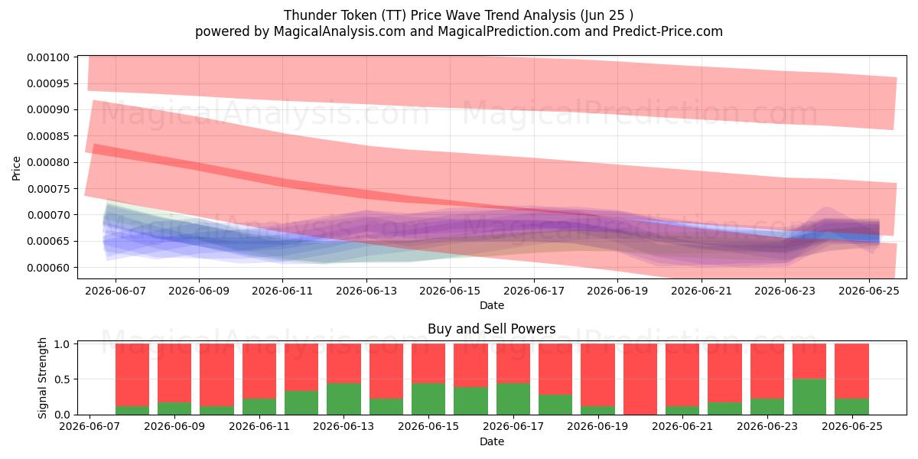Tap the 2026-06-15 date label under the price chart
pyautogui.click(x=450, y=291)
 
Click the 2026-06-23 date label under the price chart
pyautogui.click(x=785, y=291)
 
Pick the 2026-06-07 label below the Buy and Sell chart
pyautogui.click(x=90, y=427)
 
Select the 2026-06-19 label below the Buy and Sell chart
pyautogui.click(x=598, y=427)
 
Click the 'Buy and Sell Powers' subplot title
pyautogui.click(x=491, y=329)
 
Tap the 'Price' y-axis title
pyautogui.click(x=16, y=168)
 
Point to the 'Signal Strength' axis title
pyautogui.click(x=42, y=378)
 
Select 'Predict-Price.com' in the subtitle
pyautogui.click(x=668, y=31)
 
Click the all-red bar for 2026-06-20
pyautogui.click(x=640, y=379)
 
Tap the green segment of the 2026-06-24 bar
pyautogui.click(x=809, y=397)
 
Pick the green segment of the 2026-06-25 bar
pyautogui.click(x=851, y=406)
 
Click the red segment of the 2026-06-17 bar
pyautogui.click(x=513, y=363)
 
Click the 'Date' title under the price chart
pyautogui.click(x=491, y=305)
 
